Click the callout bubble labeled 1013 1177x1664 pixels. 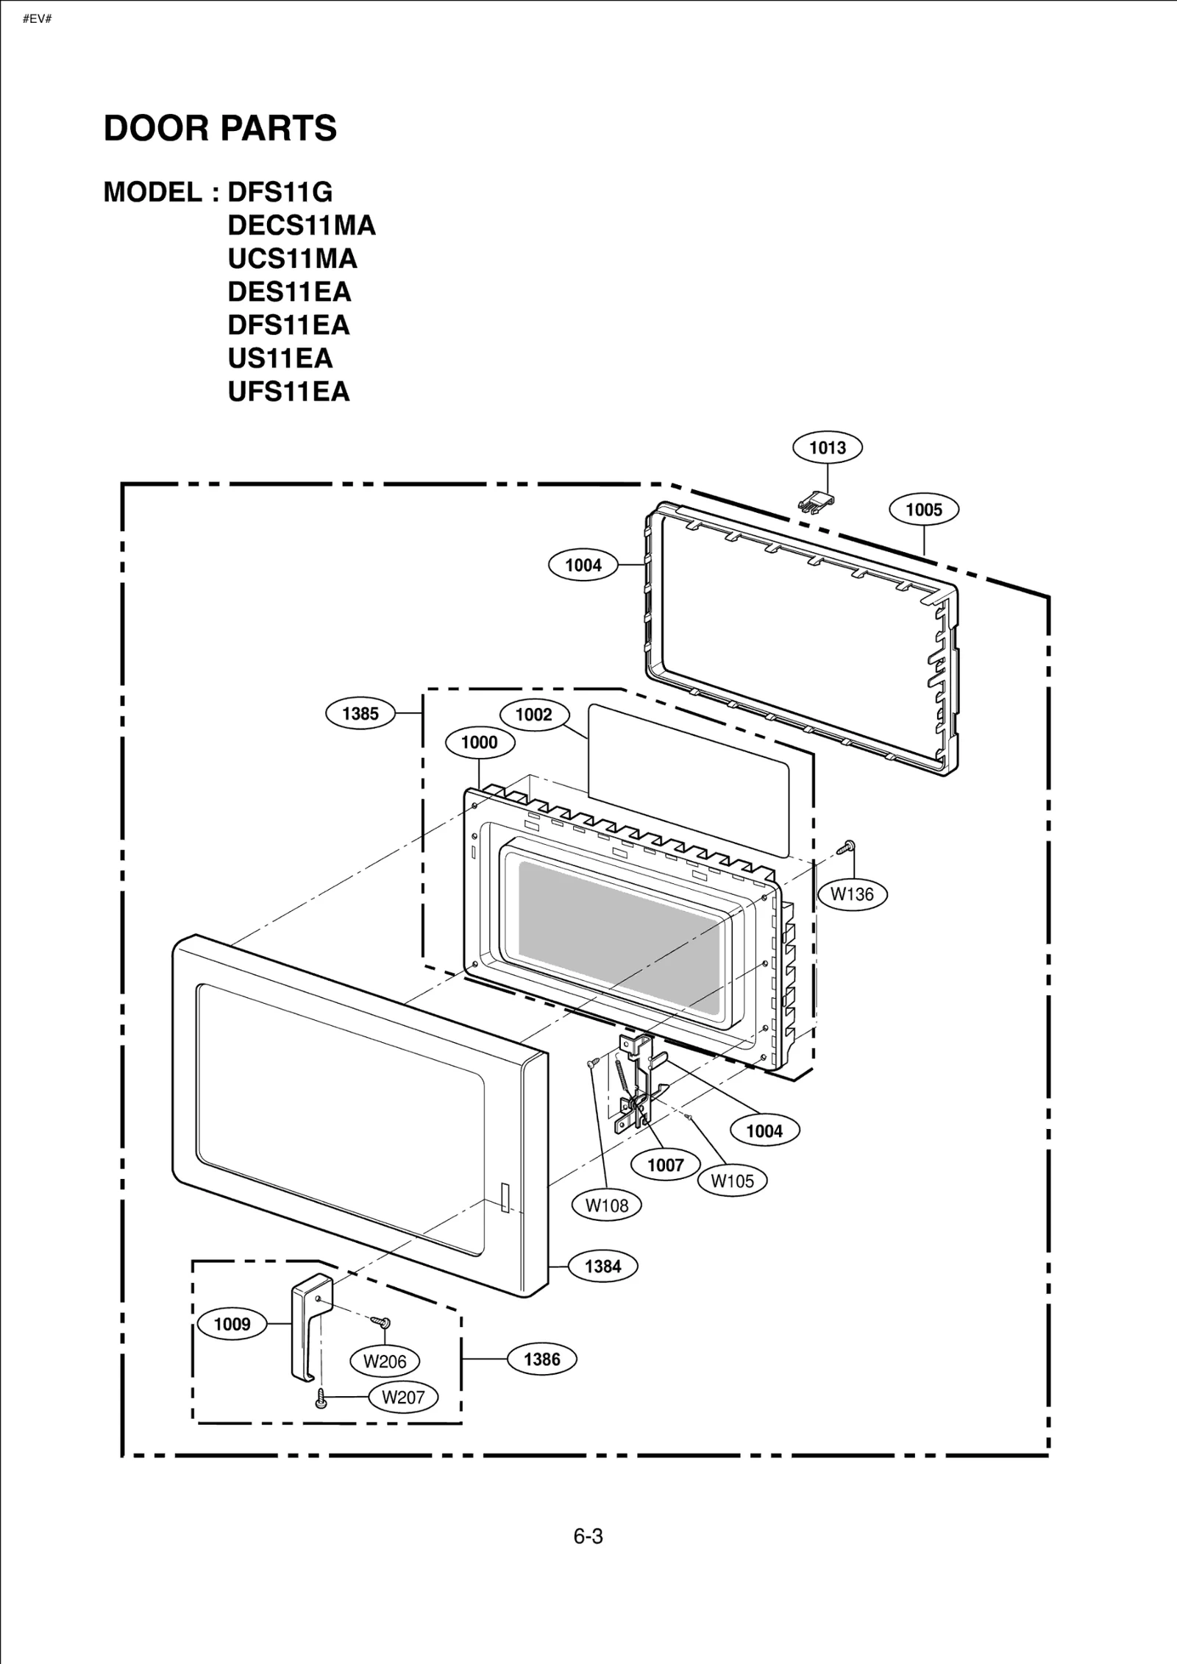(828, 447)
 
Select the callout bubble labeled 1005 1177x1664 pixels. (923, 509)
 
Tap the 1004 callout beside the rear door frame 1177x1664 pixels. (583, 565)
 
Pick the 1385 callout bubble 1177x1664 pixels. (360, 713)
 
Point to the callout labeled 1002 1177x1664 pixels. (534, 715)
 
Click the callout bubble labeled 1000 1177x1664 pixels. (480, 743)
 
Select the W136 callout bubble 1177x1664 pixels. (852, 894)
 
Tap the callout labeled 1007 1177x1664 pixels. (666, 1165)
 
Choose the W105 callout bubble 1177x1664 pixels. (732, 1181)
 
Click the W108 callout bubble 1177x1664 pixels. (607, 1205)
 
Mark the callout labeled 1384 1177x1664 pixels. (602, 1267)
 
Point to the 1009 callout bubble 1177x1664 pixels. (232, 1325)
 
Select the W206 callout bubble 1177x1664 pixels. (385, 1362)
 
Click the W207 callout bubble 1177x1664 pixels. (403, 1397)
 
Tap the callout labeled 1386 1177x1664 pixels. (542, 1359)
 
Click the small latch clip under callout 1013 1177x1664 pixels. (816, 503)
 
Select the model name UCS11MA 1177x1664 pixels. (292, 258)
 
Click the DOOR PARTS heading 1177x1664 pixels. (220, 128)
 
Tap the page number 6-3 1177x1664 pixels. (588, 1536)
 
